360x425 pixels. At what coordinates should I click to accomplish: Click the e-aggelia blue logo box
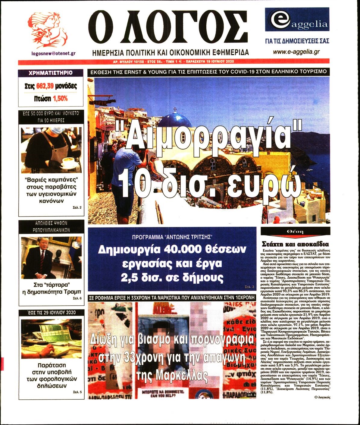[297, 20]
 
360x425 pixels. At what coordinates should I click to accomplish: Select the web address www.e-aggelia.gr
[296, 52]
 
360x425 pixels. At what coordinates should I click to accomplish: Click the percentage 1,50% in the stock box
[60, 98]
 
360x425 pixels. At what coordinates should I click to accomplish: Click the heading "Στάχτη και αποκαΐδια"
[295, 244]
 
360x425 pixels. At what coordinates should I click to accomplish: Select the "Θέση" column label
[295, 231]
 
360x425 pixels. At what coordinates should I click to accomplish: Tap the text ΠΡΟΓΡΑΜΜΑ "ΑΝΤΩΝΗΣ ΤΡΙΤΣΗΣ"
[172, 236]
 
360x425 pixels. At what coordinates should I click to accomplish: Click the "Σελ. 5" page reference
[77, 392]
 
